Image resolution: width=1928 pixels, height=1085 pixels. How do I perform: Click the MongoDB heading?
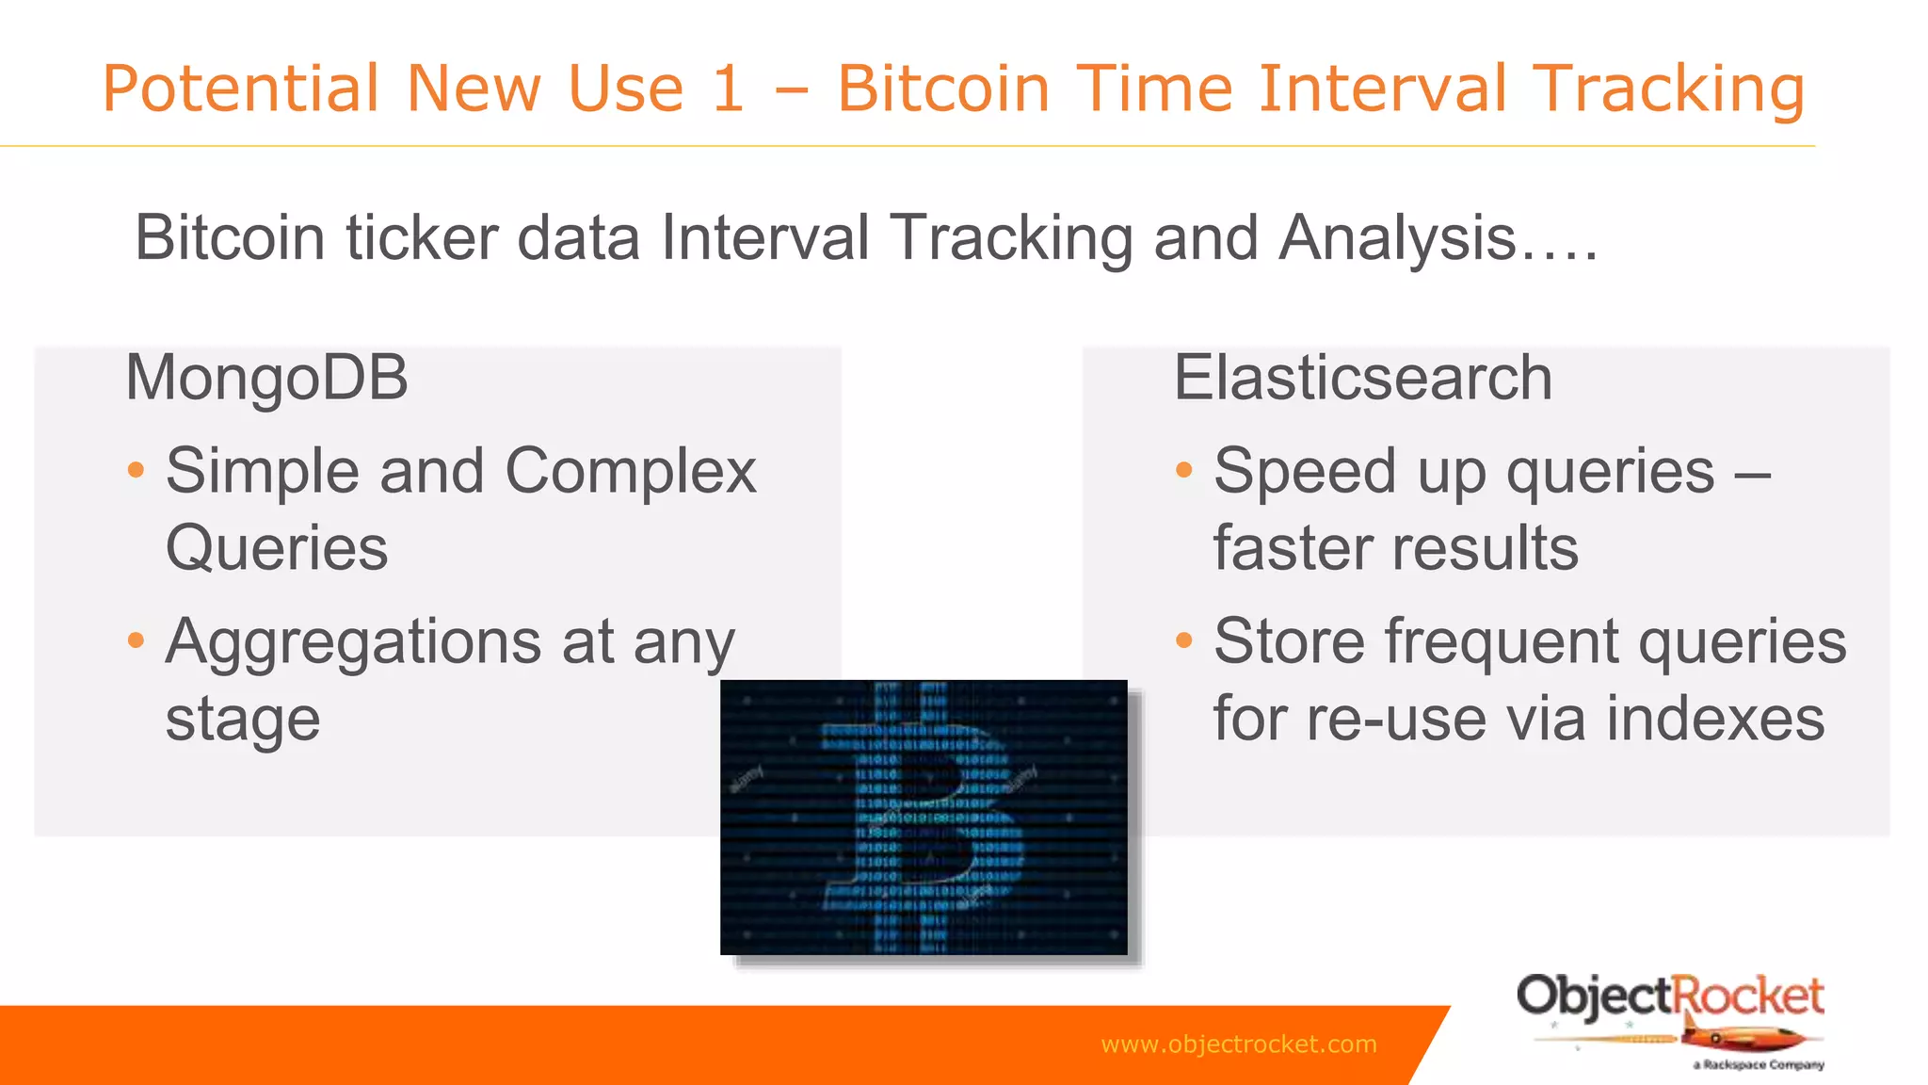click(x=266, y=378)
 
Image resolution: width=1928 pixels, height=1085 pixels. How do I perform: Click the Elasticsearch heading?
click(x=1362, y=378)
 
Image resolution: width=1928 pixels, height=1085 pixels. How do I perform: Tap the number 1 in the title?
click(x=727, y=89)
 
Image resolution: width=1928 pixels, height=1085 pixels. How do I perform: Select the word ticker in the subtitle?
click(x=422, y=237)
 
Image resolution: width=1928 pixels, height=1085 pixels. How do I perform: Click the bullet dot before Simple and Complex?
click(x=137, y=470)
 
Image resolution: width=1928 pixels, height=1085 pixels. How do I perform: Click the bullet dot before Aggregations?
click(x=137, y=641)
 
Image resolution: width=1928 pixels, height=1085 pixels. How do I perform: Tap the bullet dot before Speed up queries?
click(x=1184, y=470)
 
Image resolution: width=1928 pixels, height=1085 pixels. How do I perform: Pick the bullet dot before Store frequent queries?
click(x=1184, y=641)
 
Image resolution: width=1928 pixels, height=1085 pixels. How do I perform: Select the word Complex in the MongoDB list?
click(x=631, y=470)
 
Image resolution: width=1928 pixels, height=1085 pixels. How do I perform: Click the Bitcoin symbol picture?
click(x=924, y=818)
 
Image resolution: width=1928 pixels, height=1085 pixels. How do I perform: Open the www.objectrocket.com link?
click(x=1238, y=1045)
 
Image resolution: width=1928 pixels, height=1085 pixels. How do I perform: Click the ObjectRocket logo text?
click(x=1670, y=996)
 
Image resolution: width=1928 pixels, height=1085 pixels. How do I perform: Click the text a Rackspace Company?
click(x=1758, y=1065)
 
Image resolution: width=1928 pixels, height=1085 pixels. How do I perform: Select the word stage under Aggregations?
click(x=243, y=720)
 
